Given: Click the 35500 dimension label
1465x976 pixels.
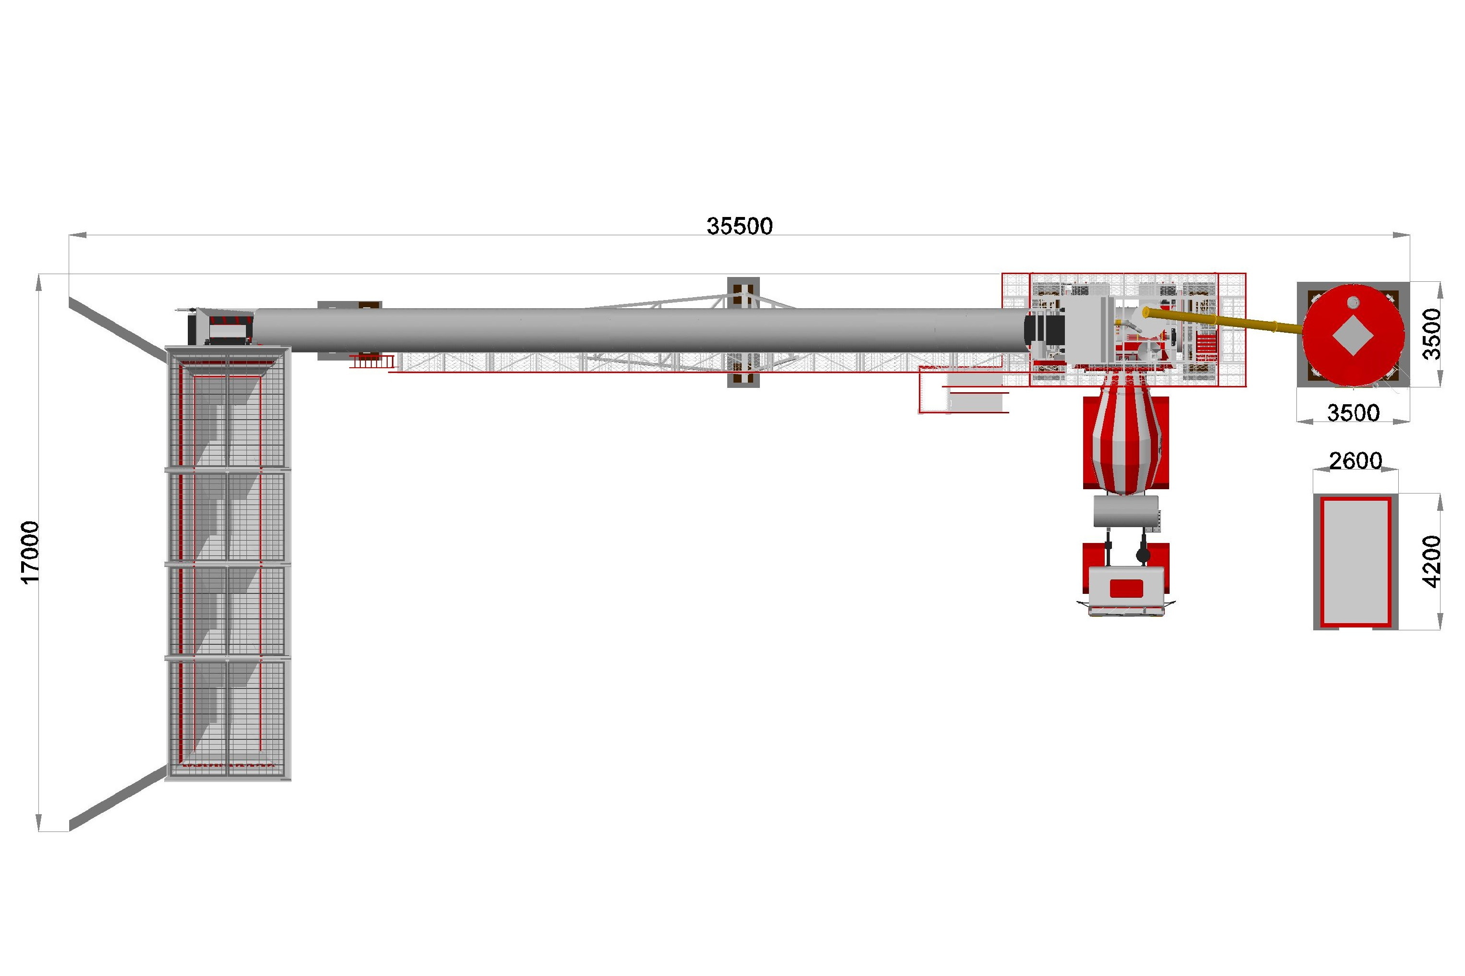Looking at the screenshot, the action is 739,226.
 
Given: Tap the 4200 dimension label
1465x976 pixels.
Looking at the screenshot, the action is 1432,561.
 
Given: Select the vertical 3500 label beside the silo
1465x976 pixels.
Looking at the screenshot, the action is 1432,334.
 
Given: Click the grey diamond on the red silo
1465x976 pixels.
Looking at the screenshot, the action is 1352,335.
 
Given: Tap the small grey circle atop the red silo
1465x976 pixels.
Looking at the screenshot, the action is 1352,302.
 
